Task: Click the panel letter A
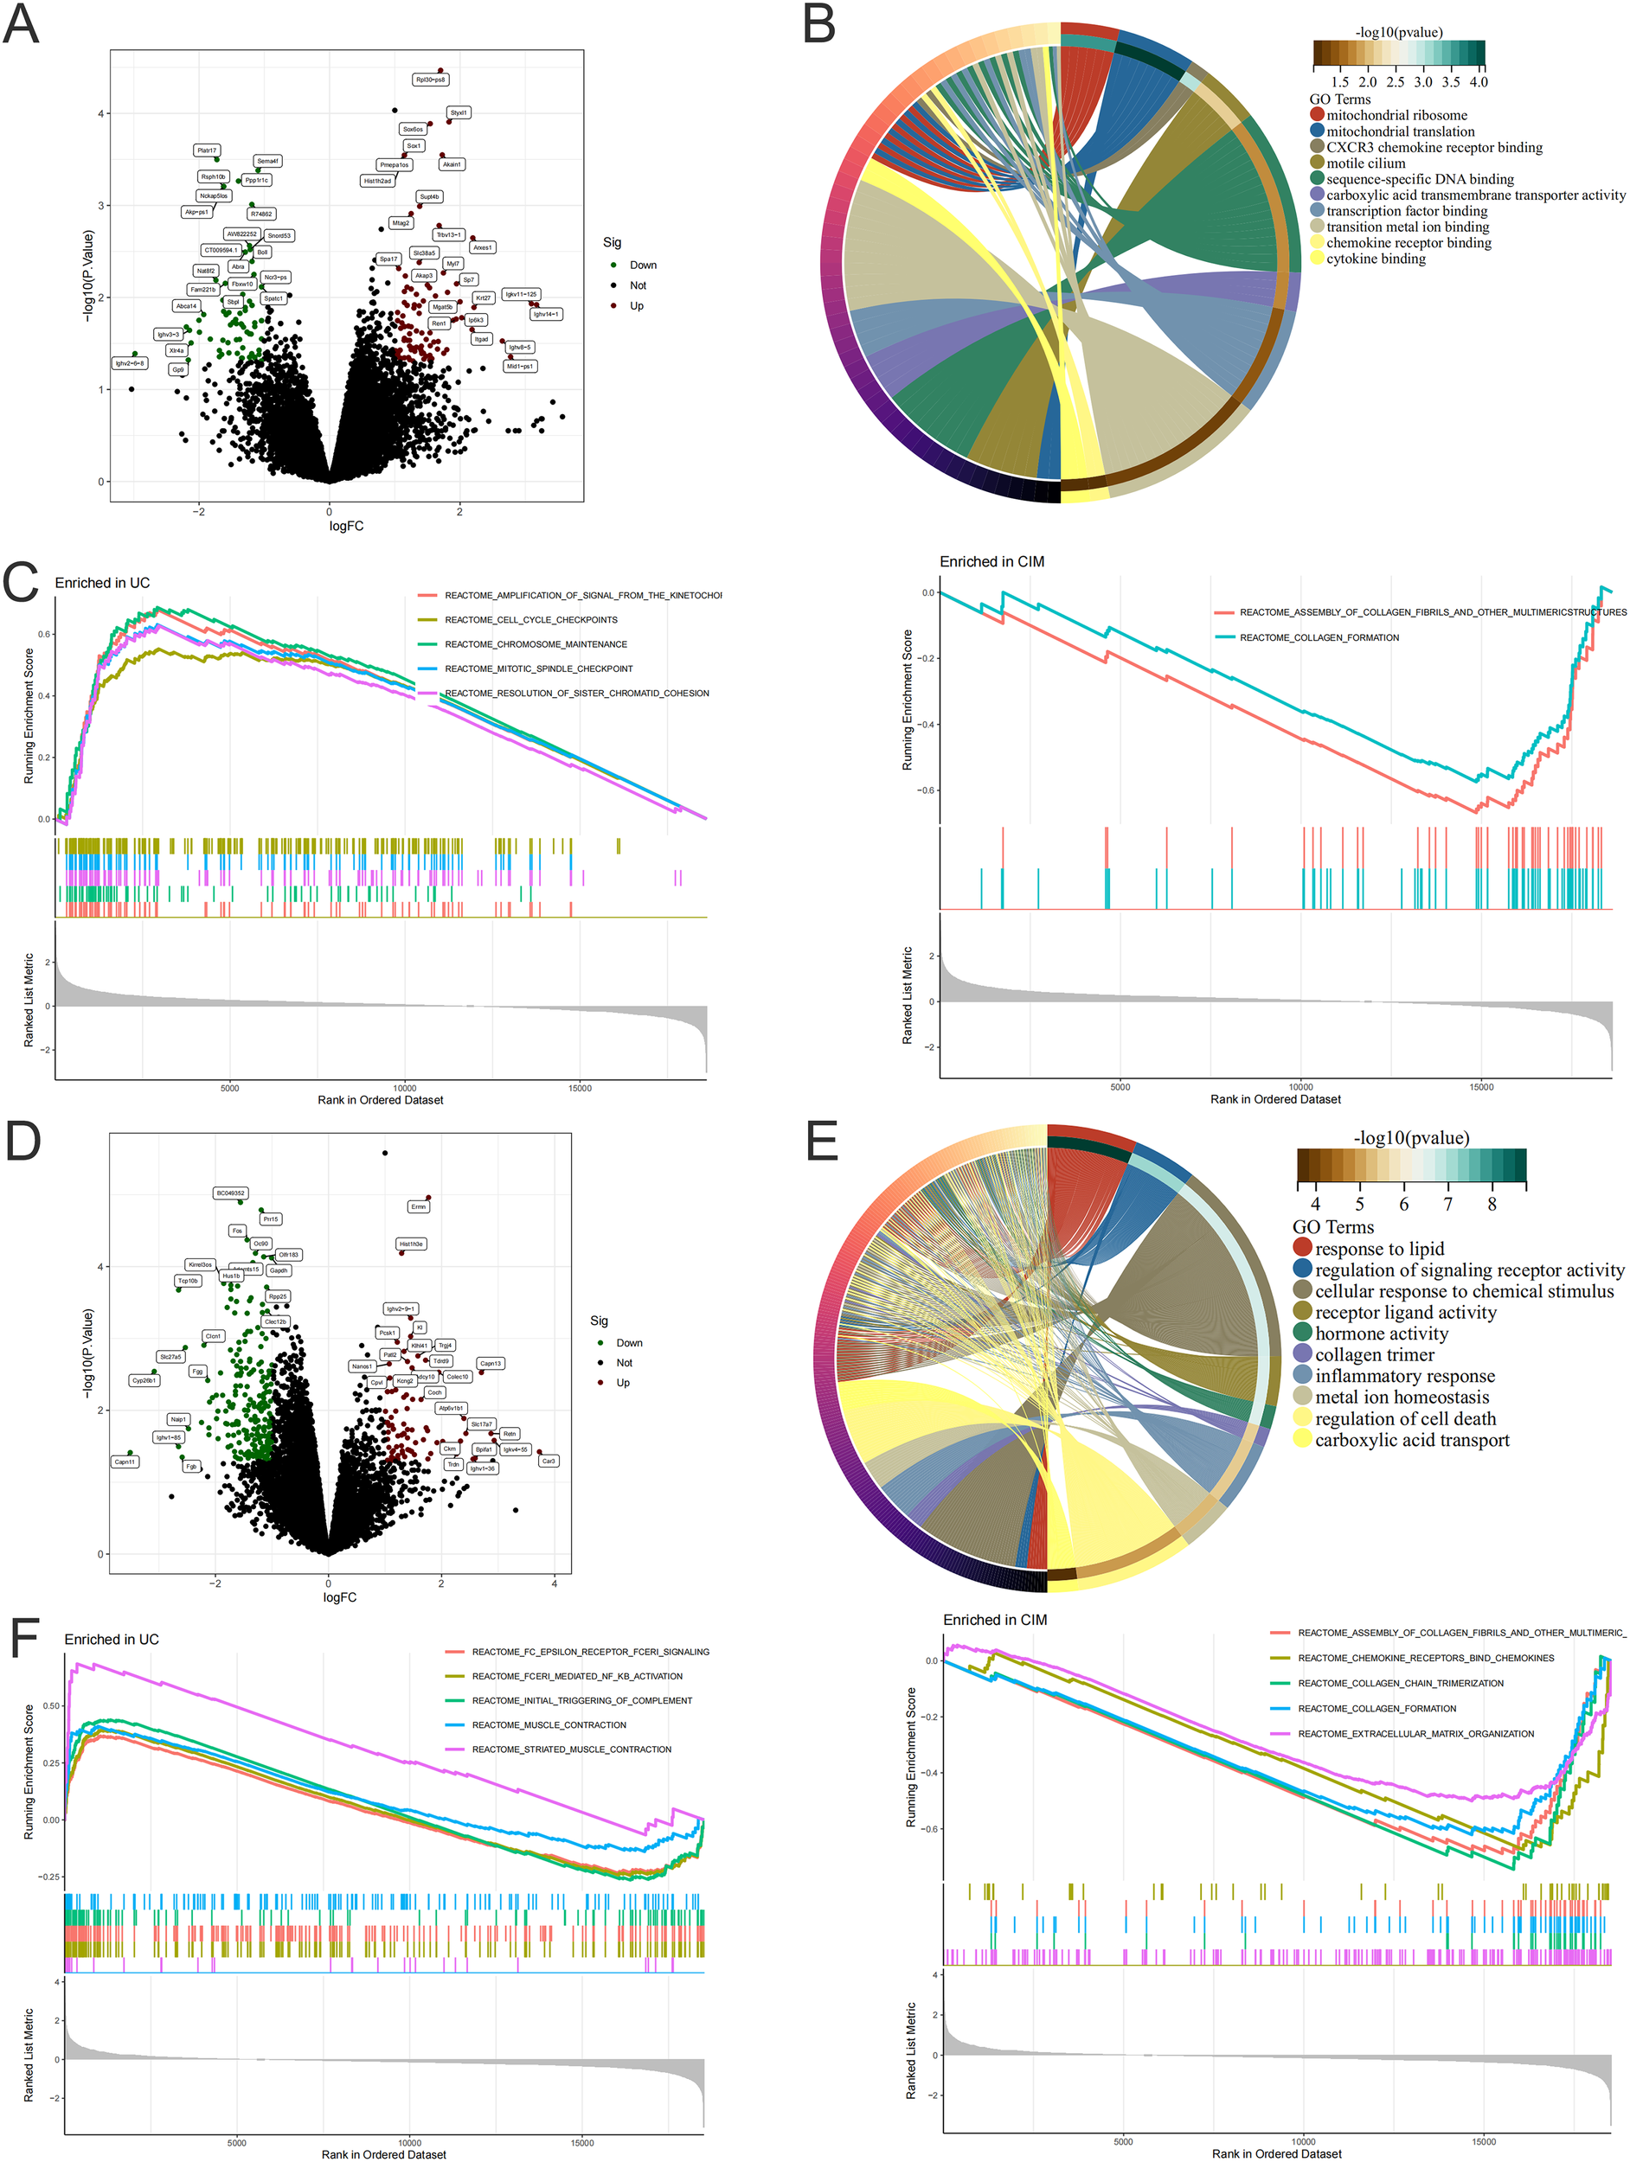pyautogui.click(x=22, y=25)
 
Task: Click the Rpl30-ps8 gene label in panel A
pyautogui.click(x=430, y=80)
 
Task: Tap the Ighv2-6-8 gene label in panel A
pyautogui.click(x=129, y=363)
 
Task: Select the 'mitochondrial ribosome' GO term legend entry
pyautogui.click(x=1396, y=115)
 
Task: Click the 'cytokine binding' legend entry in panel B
pyautogui.click(x=1375, y=259)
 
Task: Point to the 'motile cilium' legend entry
pyautogui.click(x=1365, y=163)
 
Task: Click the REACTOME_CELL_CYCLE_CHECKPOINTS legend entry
pyautogui.click(x=530, y=620)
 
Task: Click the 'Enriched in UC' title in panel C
pyautogui.click(x=103, y=584)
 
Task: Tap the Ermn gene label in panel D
pyautogui.click(x=419, y=1207)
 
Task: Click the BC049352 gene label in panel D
pyautogui.click(x=231, y=1193)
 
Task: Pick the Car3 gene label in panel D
pyautogui.click(x=549, y=1462)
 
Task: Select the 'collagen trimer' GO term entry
pyautogui.click(x=1374, y=1354)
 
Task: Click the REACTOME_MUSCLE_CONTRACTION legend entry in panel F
pyautogui.click(x=549, y=1725)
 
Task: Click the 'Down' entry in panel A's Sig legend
pyautogui.click(x=643, y=265)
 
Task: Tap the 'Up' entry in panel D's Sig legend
pyautogui.click(x=623, y=1383)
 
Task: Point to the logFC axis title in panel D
pyautogui.click(x=339, y=1597)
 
